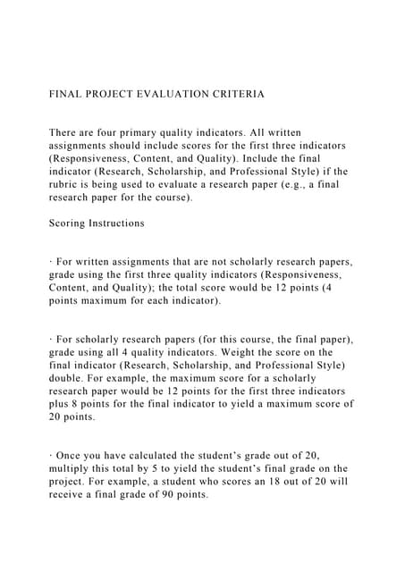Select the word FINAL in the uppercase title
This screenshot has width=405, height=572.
(x=65, y=93)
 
